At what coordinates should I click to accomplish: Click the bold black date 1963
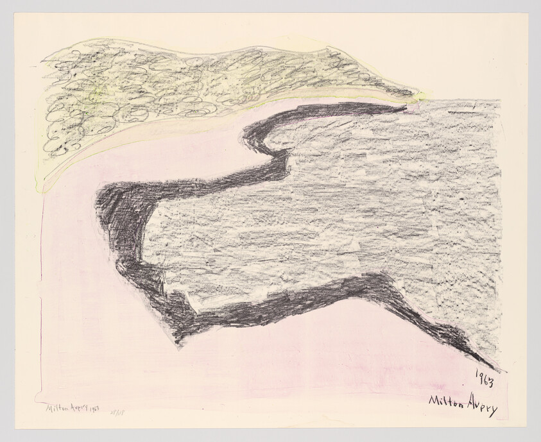coord(485,380)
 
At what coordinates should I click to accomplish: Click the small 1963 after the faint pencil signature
coord(95,409)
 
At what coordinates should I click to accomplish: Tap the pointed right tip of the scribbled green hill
coord(417,94)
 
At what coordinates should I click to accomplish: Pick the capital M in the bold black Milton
coord(434,401)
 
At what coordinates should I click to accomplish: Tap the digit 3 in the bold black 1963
coord(491,383)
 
